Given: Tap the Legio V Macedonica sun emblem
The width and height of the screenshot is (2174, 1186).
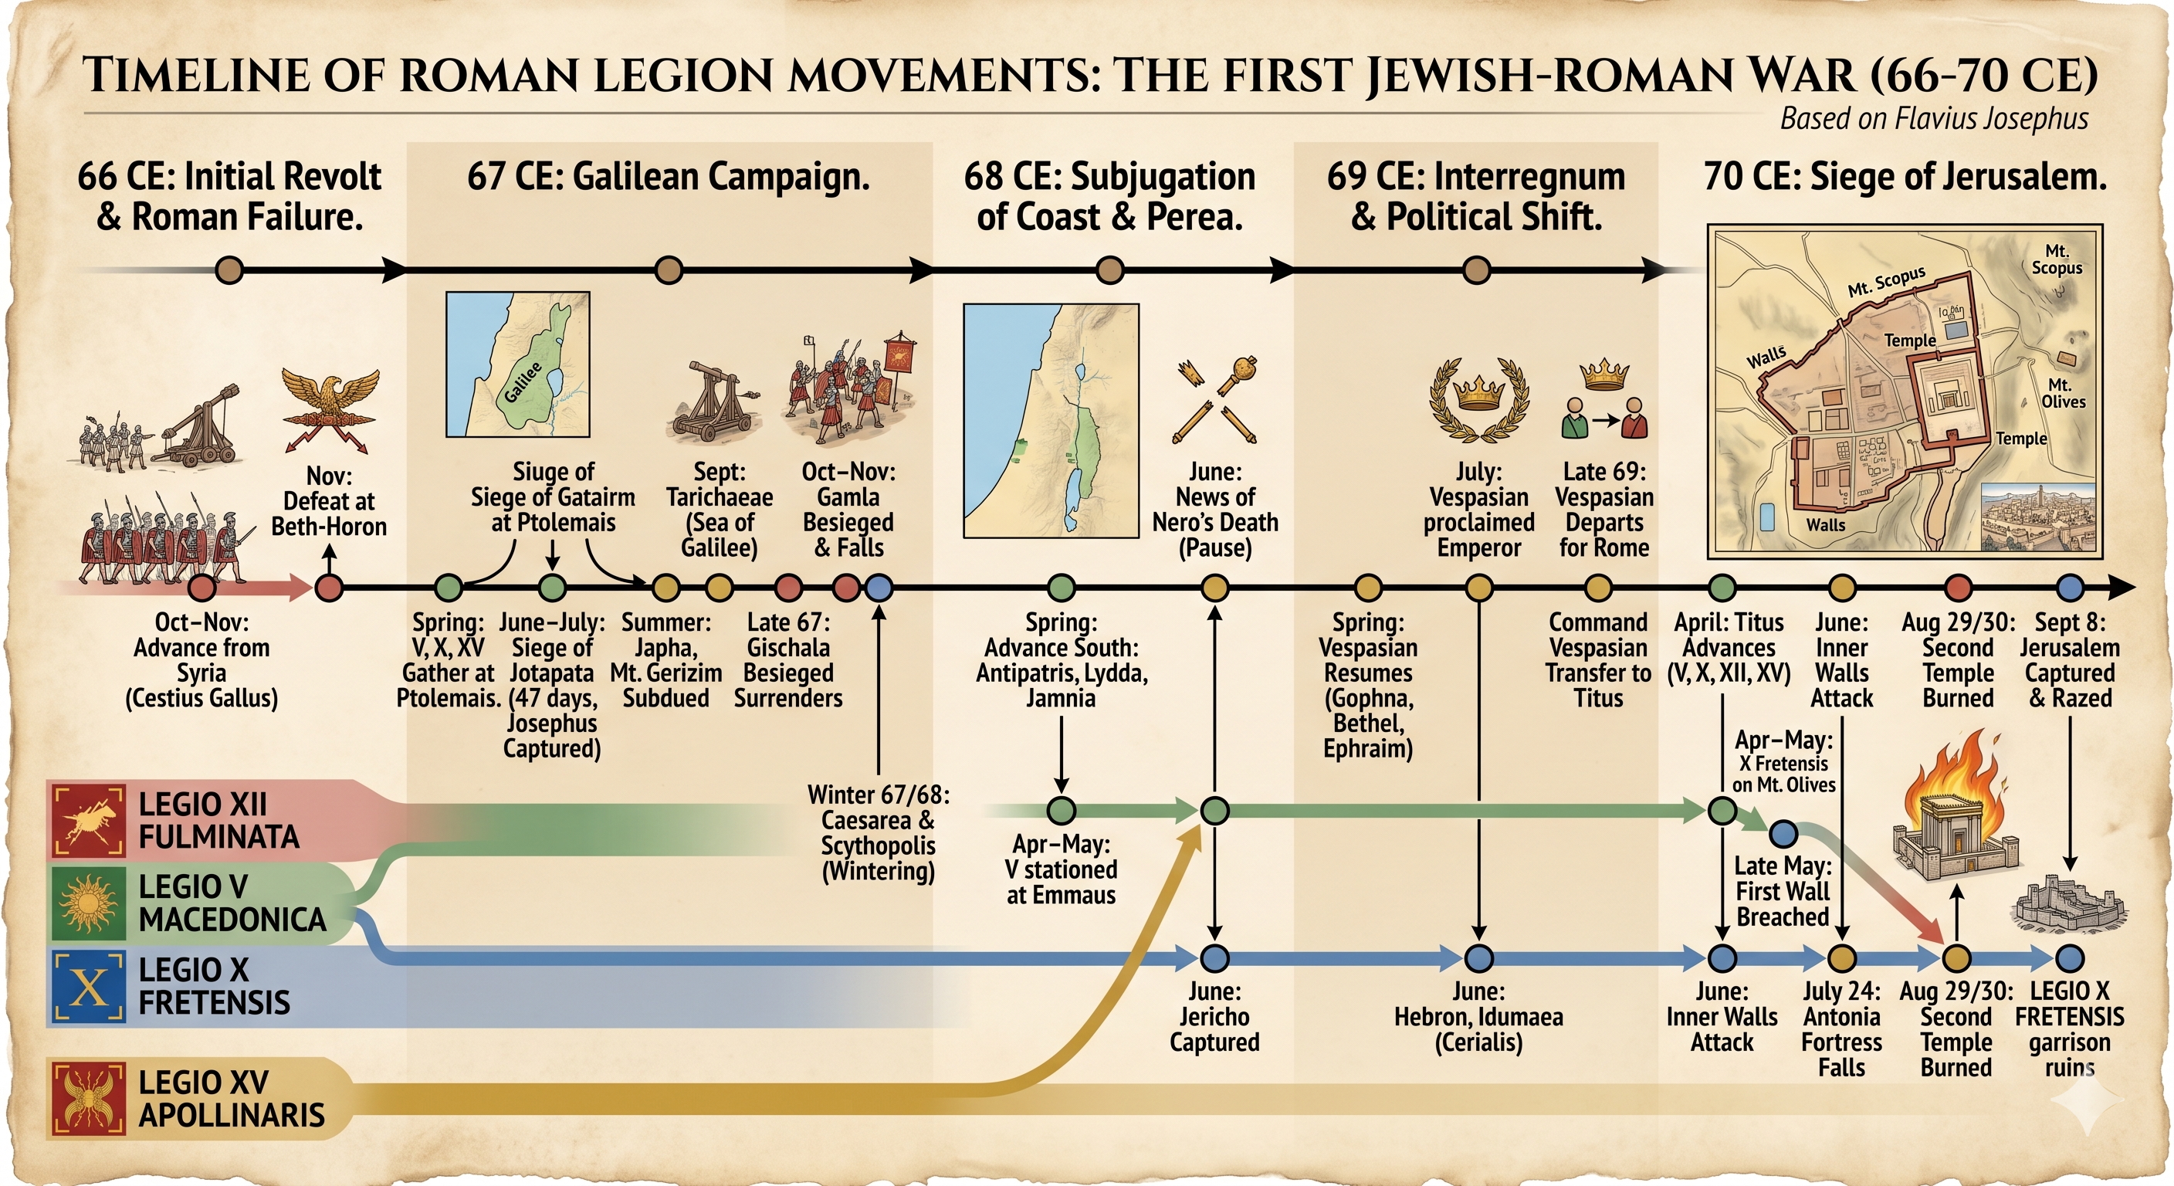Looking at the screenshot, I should coord(89,903).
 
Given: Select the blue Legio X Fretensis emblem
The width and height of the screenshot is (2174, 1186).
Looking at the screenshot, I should coord(89,986).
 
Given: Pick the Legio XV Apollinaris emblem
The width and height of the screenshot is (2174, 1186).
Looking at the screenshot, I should coord(89,1098).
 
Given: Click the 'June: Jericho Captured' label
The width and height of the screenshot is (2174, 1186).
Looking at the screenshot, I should coord(1214,1016).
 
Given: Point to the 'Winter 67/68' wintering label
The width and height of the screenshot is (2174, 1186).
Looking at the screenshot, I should coord(879,832).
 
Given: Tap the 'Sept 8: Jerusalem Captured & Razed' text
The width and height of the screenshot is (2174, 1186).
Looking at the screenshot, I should coord(2069,660).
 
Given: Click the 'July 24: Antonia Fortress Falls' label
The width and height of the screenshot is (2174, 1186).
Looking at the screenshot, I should coord(1841,1029).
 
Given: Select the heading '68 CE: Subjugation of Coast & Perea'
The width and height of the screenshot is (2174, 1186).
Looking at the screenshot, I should coord(1110,197).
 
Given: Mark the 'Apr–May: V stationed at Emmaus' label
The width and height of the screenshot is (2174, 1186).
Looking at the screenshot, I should coord(1061,869).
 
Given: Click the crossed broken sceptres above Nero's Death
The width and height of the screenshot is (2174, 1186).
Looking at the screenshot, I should coord(1214,401).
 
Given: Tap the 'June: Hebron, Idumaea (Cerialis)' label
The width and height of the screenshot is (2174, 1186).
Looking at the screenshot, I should coord(1478,1016).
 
